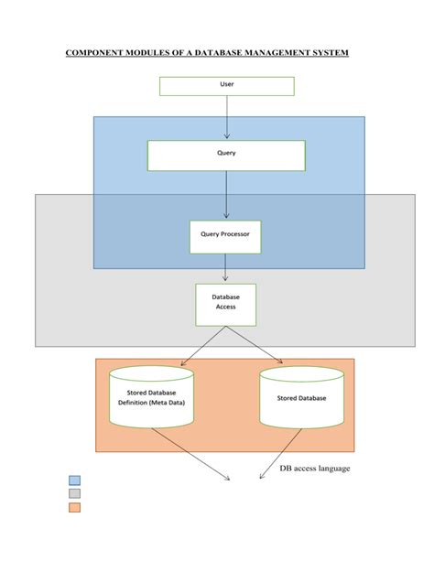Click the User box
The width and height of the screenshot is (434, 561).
coord(226,86)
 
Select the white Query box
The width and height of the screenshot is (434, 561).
coord(226,154)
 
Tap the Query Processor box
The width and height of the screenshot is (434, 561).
coord(225,235)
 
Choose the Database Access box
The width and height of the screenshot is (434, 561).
coord(225,304)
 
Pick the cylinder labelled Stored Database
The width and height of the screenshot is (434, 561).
coord(301,398)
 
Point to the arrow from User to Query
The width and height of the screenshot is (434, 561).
coord(226,116)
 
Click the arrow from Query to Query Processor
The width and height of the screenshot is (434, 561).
coord(226,195)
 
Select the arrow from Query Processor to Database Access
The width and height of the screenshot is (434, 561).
coord(226,267)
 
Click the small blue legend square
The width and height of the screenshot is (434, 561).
coord(74,480)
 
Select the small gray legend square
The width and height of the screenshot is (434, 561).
coord(74,493)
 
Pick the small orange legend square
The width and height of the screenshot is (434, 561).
coord(74,507)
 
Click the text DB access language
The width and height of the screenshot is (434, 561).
coord(315,469)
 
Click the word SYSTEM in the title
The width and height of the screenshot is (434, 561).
coord(327,53)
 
